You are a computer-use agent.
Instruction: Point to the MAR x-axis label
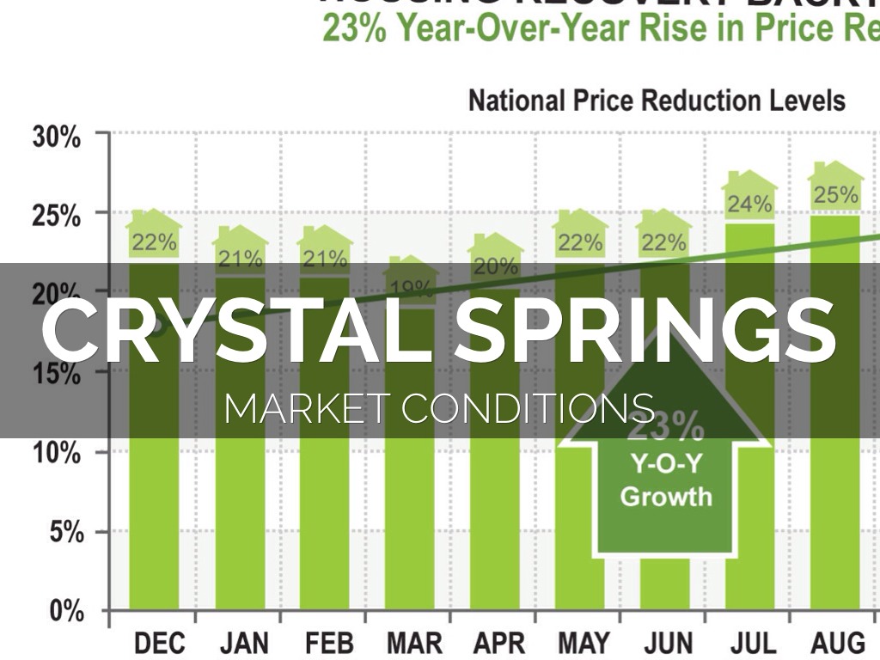[413, 642]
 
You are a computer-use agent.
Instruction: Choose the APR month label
[497, 642]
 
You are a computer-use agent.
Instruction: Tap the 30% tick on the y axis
[58, 137]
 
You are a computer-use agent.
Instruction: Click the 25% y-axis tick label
[58, 216]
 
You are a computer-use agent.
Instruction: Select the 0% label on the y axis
[64, 612]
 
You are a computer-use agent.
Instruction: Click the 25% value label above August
[835, 195]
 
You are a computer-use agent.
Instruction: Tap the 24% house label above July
[749, 205]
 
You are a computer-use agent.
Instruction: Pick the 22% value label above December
[154, 242]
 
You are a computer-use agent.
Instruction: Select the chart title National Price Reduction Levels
[657, 101]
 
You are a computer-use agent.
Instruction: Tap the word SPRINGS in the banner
[645, 329]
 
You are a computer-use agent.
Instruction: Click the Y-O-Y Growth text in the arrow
[666, 480]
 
